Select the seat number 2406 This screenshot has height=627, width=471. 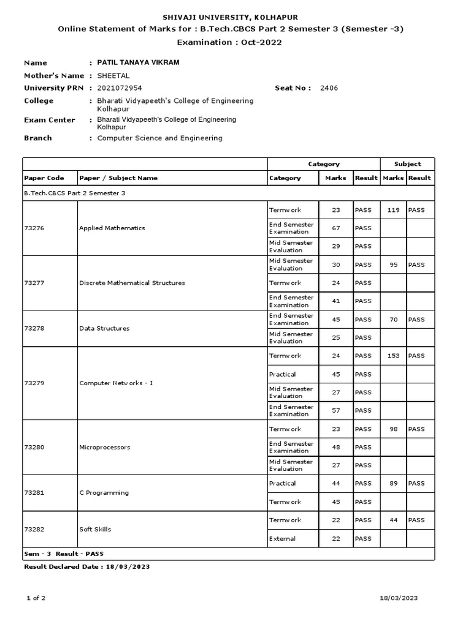(329, 88)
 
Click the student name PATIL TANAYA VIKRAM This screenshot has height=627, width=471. (134, 62)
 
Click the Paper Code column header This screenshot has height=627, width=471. (44, 178)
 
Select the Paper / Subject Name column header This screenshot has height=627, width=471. (118, 178)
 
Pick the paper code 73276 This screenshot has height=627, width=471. (34, 228)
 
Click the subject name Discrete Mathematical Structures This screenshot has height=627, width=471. (132, 283)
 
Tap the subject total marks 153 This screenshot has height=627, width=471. (393, 356)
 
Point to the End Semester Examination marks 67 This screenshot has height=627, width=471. (335, 228)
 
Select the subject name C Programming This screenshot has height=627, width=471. (104, 493)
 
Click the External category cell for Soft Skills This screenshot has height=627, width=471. (282, 539)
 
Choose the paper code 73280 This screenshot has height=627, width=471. (34, 448)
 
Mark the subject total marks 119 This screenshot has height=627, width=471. (393, 210)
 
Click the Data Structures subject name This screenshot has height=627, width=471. (104, 329)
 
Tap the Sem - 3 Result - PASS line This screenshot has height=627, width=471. (59, 554)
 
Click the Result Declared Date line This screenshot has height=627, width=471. (86, 567)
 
